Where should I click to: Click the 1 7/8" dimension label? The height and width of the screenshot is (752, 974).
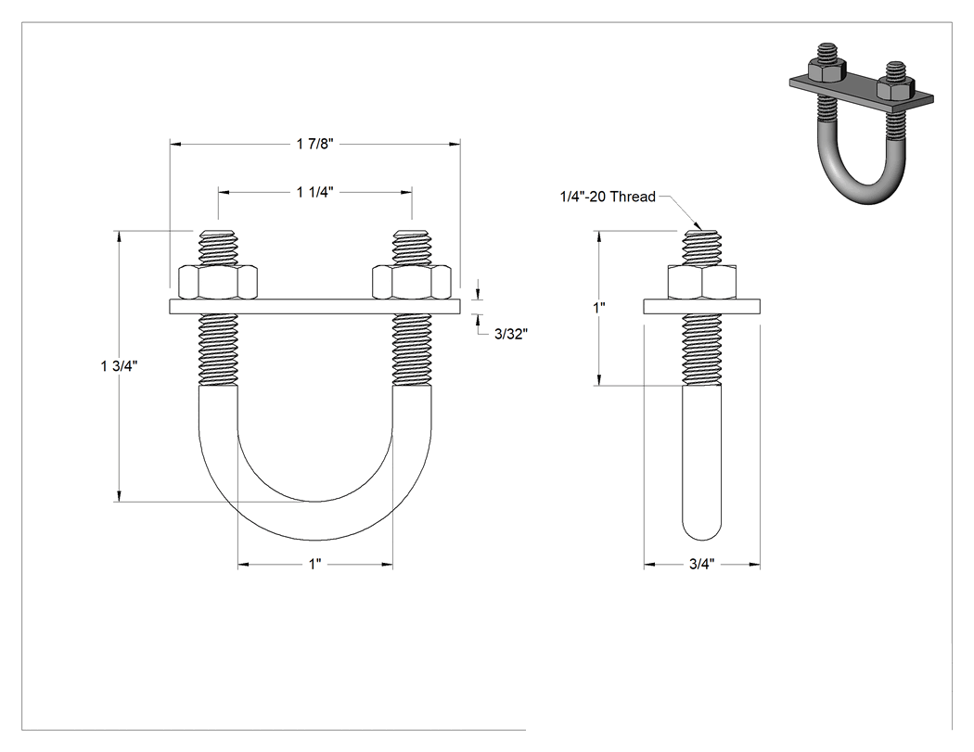pos(315,144)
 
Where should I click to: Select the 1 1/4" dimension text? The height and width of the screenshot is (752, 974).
pos(315,193)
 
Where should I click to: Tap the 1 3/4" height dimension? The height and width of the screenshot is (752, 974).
pos(119,366)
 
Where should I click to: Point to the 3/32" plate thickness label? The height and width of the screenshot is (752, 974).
pos(510,334)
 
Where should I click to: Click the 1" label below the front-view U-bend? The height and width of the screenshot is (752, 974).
pos(315,565)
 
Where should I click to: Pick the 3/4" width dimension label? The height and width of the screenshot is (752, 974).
pos(702,565)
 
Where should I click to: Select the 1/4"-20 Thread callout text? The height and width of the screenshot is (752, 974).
pos(608,197)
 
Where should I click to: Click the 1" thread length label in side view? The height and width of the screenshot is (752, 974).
pos(599,307)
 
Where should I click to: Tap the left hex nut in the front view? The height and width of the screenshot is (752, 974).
pos(217,282)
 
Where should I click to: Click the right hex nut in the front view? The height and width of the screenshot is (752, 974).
pos(412,282)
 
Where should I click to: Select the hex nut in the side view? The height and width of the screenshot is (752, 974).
pos(702,282)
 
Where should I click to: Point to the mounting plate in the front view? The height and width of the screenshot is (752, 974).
pos(315,306)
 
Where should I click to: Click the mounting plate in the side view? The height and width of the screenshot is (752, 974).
pos(702,306)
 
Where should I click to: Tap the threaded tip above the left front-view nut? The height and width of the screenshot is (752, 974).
pos(217,248)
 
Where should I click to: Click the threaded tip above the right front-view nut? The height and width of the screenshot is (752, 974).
pos(412,248)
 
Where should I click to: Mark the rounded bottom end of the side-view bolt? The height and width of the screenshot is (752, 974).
pos(702,528)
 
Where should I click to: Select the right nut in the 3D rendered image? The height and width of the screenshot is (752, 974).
pos(895,89)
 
